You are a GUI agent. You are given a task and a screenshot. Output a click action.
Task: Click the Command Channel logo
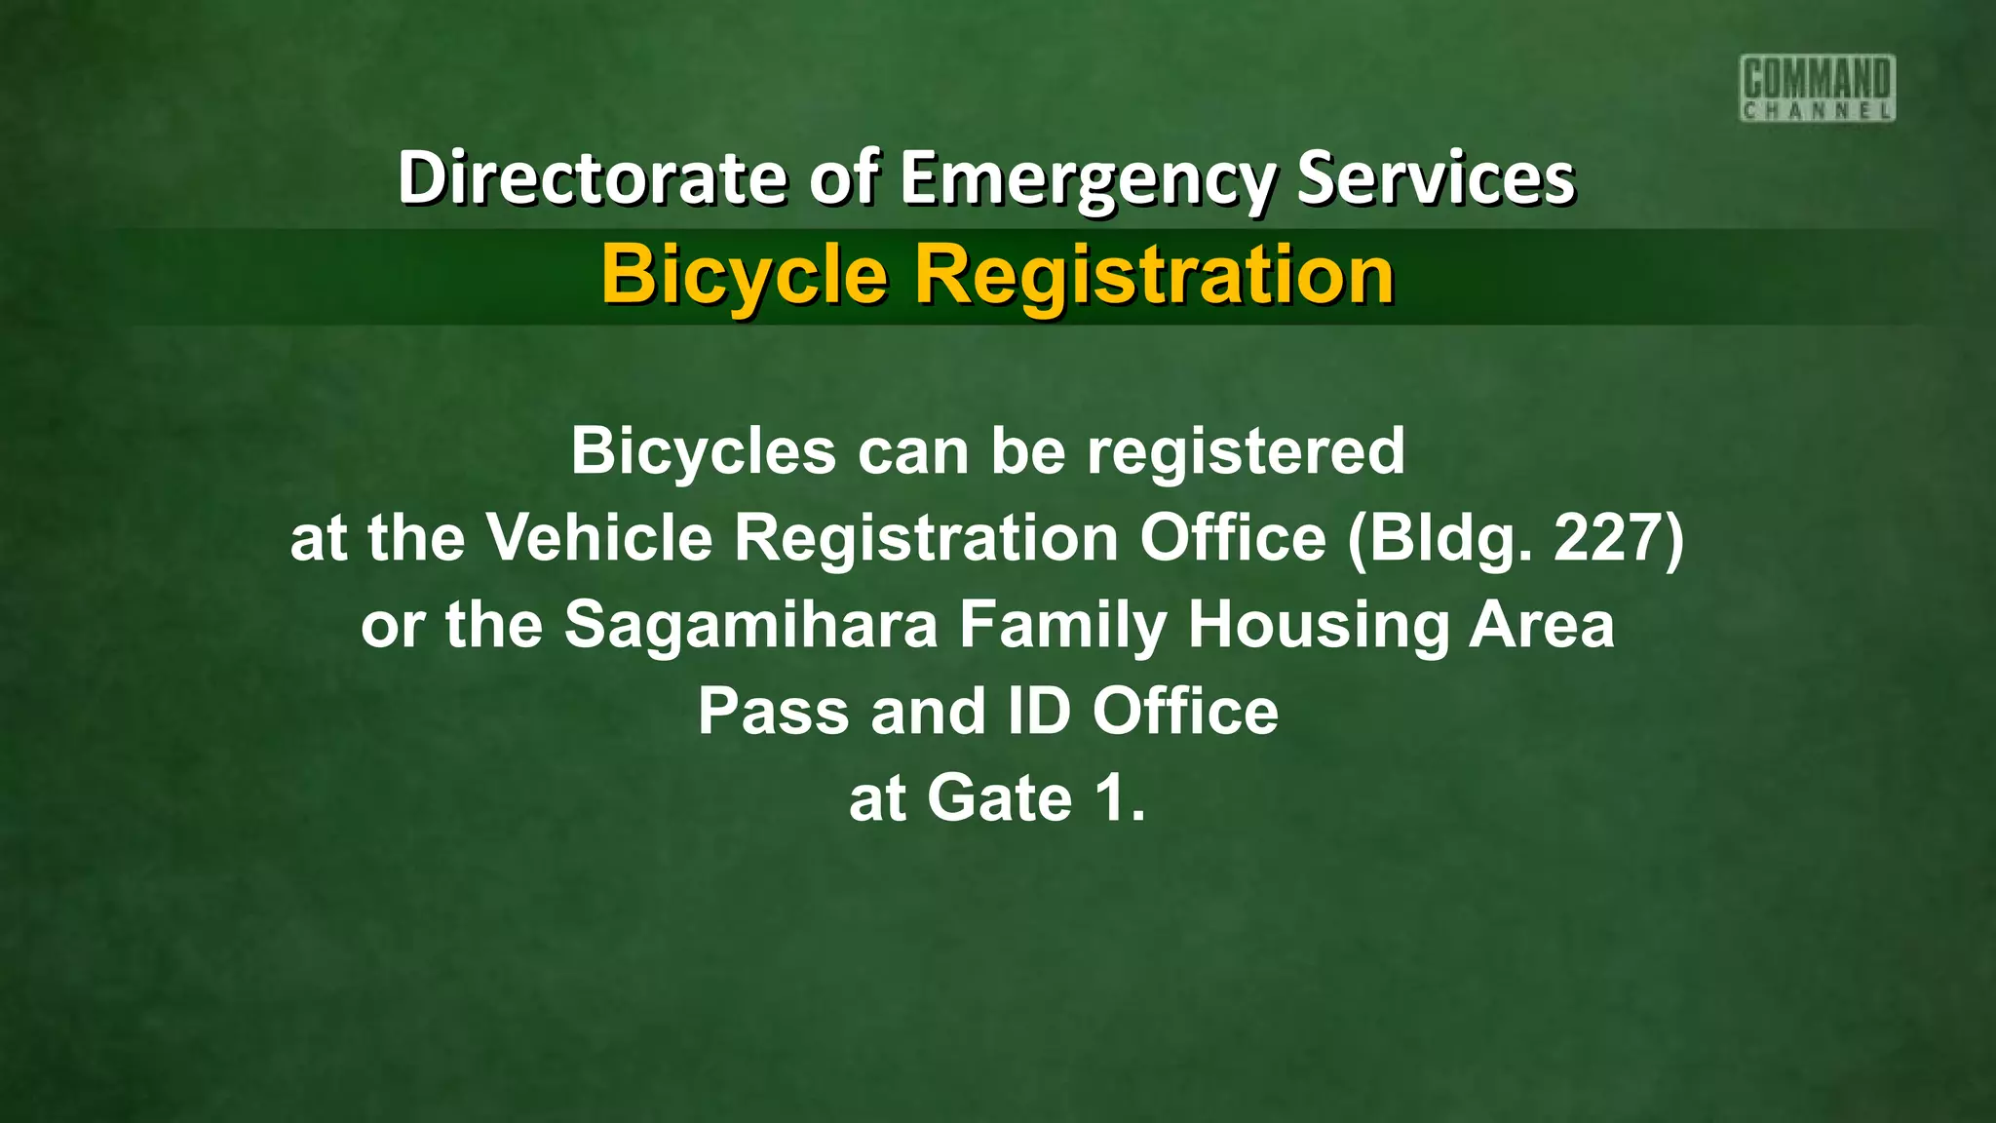(x=1817, y=88)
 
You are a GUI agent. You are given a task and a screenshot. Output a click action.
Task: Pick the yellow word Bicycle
(x=745, y=275)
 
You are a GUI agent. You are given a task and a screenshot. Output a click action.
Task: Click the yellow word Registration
(x=1154, y=275)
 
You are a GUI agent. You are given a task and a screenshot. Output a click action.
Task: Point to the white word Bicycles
(x=703, y=451)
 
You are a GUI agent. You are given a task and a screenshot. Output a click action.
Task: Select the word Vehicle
(x=600, y=537)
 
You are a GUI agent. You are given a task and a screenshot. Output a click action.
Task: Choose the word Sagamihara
(x=750, y=625)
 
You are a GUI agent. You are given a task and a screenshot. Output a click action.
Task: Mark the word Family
(x=1062, y=625)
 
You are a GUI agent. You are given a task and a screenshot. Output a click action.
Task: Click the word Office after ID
(x=1185, y=712)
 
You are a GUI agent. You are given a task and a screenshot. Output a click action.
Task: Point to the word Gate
(x=1000, y=798)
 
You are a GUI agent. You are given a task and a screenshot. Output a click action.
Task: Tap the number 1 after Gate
(x=1110, y=798)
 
